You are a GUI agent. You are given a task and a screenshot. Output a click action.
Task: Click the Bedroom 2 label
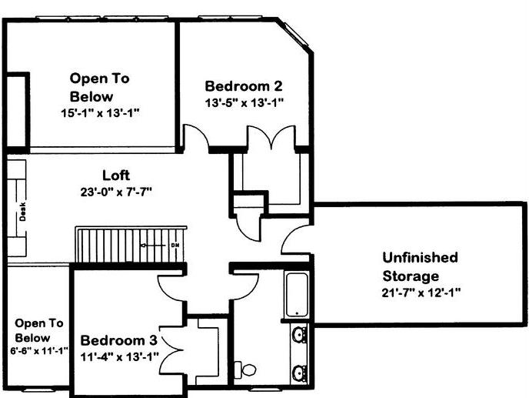coord(244,86)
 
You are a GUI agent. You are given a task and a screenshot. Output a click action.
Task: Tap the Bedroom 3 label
coord(118,340)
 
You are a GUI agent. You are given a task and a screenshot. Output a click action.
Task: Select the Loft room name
coord(116,176)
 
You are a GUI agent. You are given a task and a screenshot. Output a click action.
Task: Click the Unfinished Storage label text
coord(420,266)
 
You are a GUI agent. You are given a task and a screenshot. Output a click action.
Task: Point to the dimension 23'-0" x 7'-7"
coord(116,192)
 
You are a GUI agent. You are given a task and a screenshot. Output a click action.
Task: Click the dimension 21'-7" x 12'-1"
coord(421,293)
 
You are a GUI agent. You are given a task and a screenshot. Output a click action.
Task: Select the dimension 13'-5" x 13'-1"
coord(244,102)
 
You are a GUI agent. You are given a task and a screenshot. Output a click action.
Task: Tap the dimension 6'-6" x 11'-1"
coord(39,351)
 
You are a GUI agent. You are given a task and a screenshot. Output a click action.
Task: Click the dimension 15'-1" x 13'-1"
coord(100,113)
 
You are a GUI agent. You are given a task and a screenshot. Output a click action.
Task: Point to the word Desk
coord(22,212)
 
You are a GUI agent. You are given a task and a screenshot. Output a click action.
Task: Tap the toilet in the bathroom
coord(245,369)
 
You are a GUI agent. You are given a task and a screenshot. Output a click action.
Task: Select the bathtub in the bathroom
coord(297,295)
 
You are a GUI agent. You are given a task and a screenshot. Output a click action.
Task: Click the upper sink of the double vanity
coord(299,334)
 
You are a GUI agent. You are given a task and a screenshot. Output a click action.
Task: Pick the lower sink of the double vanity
coord(299,373)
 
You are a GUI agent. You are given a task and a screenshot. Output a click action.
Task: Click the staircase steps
coord(130,246)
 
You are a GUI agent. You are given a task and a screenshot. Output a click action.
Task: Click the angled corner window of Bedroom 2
coord(295,34)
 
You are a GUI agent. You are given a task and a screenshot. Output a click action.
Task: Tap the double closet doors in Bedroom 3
coord(170,350)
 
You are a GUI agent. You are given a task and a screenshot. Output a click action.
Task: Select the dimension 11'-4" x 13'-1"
coord(119,356)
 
